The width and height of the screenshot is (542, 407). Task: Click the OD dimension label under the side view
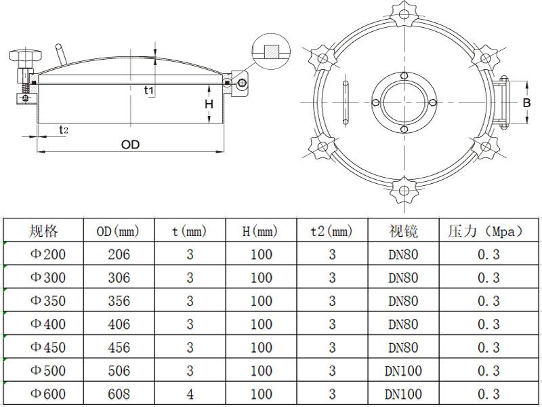pos(130,144)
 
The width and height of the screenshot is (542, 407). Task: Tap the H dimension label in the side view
pos(209,104)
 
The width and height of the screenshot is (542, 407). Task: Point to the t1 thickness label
pos(148,90)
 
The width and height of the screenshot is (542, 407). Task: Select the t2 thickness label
pos(63,130)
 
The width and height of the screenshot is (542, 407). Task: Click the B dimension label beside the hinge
pos(526,103)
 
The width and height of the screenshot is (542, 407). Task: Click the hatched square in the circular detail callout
pos(272,52)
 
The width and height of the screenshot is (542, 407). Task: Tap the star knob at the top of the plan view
pos(404,14)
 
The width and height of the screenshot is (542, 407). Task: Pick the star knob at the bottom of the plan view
pos(404,190)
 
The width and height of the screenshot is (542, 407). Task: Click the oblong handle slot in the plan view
pos(346,102)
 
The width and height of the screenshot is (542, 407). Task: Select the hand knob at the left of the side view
pos(26,55)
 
